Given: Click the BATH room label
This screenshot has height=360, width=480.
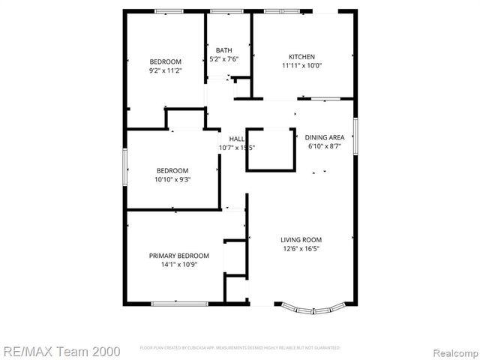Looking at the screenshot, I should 223,50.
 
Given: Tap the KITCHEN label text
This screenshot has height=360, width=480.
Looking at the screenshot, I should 302,57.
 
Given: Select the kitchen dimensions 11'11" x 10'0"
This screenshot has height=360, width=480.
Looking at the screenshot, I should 302,66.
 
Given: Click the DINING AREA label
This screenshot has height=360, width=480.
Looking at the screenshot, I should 325,137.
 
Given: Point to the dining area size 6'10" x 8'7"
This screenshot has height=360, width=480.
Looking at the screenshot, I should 325,146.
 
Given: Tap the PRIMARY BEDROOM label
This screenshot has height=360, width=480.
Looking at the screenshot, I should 178,256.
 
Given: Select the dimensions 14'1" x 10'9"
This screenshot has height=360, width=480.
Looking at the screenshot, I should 178,265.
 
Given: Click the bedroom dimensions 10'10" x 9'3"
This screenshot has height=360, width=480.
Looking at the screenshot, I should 172,180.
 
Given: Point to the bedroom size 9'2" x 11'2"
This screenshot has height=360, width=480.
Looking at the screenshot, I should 165,70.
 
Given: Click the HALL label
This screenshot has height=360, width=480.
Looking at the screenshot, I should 236,139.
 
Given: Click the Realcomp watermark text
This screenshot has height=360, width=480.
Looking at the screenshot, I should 452,350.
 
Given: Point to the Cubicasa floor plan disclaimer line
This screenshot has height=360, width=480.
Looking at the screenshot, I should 240,348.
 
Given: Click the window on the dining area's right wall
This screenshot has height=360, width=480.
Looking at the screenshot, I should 355,136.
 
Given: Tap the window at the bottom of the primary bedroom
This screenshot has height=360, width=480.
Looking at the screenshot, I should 175,303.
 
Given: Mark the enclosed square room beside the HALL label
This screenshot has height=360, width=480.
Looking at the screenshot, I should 269,150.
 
